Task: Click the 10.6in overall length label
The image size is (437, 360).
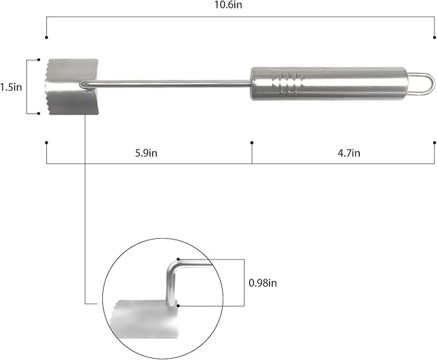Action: click(228, 5)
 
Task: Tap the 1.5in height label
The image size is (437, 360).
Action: click(11, 88)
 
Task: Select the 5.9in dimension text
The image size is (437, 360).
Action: click(146, 153)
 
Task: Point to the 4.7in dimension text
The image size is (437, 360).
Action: click(349, 153)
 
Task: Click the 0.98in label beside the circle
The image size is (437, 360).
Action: click(263, 283)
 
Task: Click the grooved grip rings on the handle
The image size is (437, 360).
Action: click(288, 83)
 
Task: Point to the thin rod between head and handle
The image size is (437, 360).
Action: click(167, 82)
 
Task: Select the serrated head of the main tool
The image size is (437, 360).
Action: click(71, 87)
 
